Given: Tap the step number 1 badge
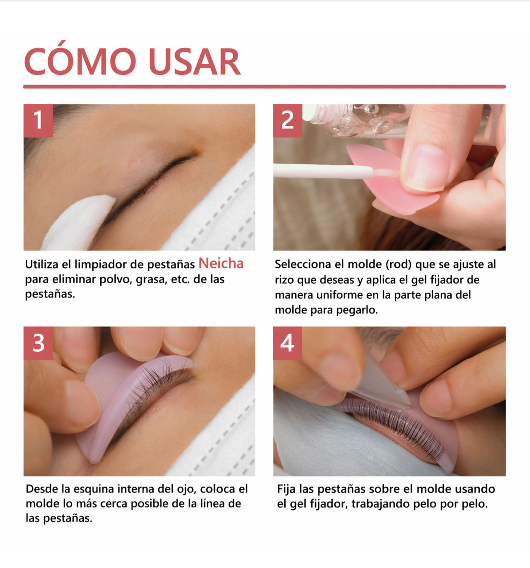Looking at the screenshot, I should click(x=38, y=120).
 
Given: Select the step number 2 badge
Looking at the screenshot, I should click(x=288, y=120).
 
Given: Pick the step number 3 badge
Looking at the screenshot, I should click(x=38, y=343).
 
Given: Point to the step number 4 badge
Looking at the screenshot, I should click(x=287, y=343).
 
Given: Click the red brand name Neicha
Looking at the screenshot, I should click(x=221, y=264).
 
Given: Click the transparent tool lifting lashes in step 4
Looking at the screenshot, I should click(x=382, y=386).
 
